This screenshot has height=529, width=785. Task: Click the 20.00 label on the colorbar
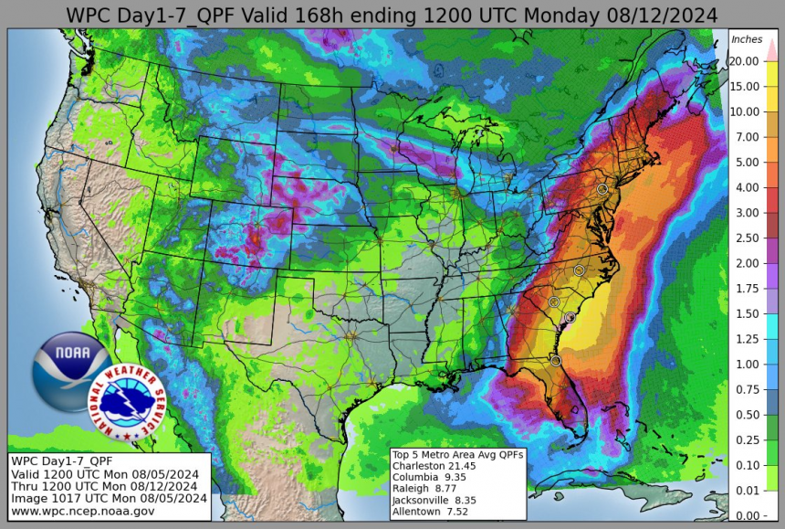(747, 61)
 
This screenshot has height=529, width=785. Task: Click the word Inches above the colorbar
(747, 39)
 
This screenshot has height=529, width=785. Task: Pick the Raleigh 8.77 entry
(425, 488)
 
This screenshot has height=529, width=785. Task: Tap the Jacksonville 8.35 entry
(434, 499)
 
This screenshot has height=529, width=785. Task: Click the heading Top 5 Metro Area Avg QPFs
(456, 454)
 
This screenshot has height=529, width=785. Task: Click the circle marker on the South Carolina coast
(570, 318)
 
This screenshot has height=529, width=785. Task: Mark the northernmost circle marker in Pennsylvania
(602, 188)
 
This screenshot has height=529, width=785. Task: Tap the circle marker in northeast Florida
(556, 361)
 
